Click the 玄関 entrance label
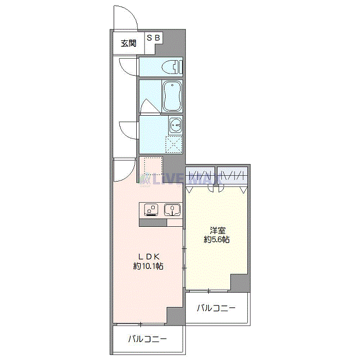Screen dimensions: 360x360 pos(129,44)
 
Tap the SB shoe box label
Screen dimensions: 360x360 pos(154,38)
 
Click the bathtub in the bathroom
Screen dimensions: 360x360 pos(172,96)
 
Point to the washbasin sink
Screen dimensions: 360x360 pos(175,124)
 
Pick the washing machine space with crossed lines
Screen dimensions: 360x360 pos(174,145)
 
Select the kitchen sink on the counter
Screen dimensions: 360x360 pos(172,210)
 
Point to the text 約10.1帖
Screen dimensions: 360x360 pos(149,266)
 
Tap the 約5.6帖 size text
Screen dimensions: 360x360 pos(217,240)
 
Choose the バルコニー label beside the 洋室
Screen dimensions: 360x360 pos(217,309)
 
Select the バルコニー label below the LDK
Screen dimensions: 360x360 pos(148,339)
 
